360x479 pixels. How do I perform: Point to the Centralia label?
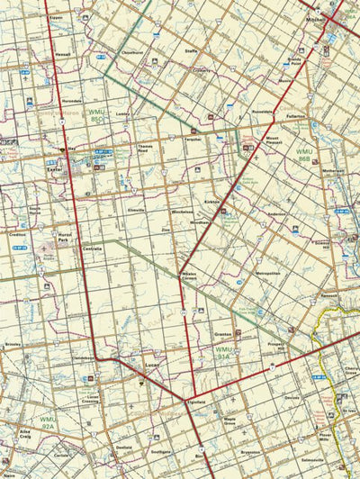pyautogui.click(x=92, y=248)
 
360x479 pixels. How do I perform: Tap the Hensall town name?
pyautogui.click(x=62, y=53)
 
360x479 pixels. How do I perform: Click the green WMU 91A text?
pyautogui.click(x=224, y=352)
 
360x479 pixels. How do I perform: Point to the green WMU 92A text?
pyautogui.click(x=48, y=420)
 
